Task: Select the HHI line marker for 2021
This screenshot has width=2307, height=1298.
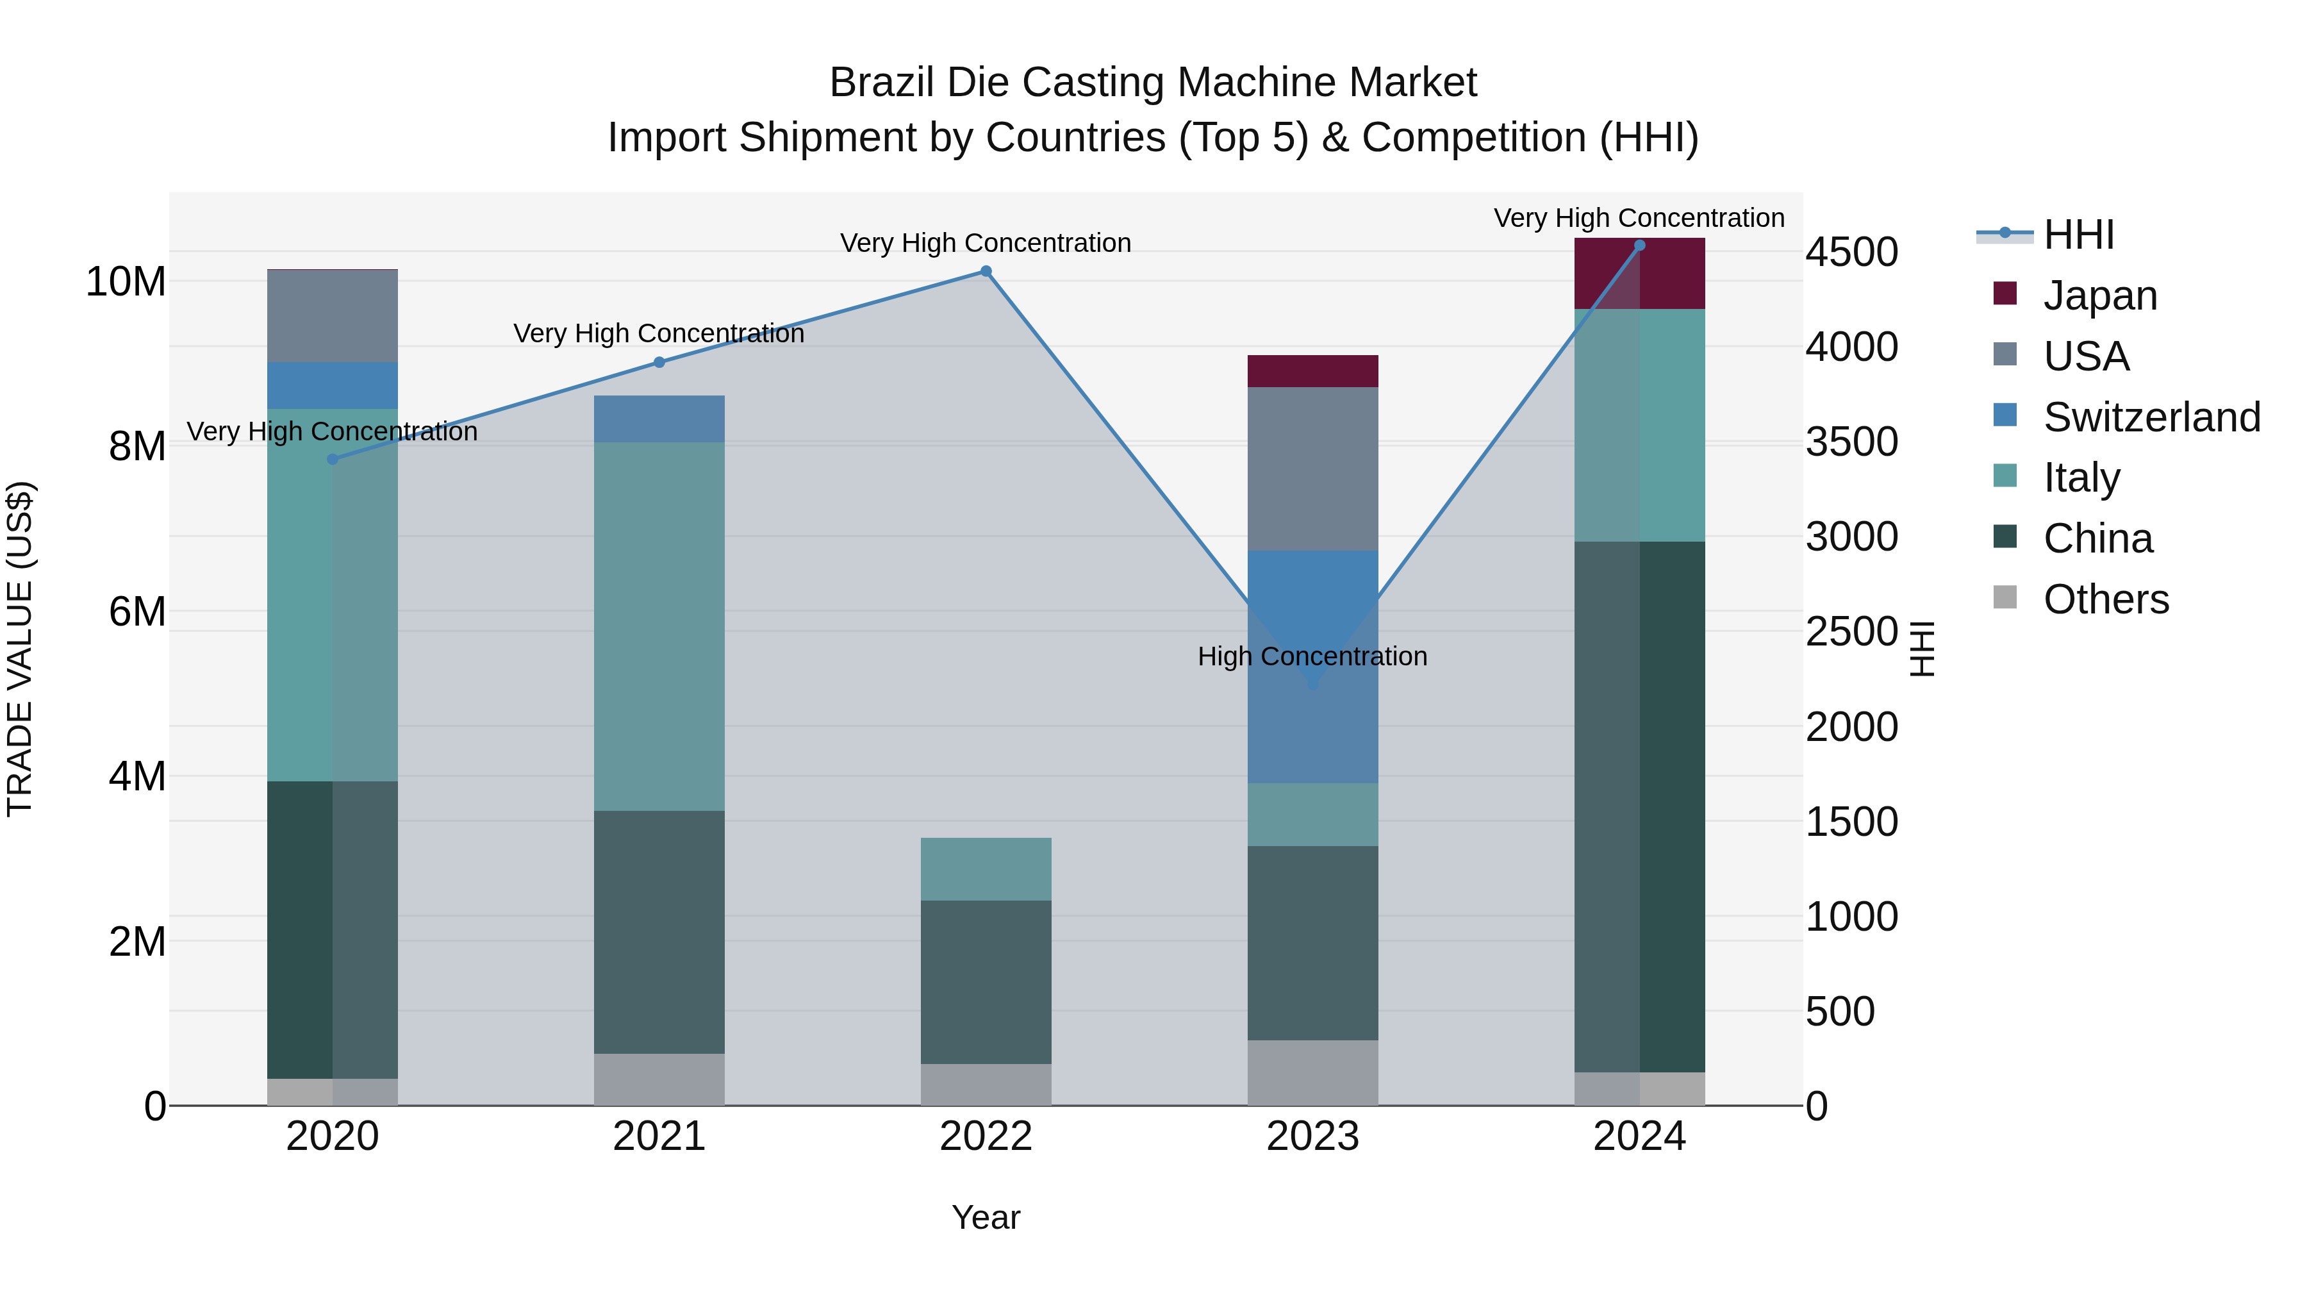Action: (659, 363)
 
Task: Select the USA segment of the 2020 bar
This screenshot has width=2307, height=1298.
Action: (332, 316)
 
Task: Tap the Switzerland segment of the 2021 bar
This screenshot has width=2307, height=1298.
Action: (659, 419)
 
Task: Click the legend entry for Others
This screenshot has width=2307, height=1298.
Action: (2106, 599)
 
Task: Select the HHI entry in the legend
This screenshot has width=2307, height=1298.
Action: (2078, 235)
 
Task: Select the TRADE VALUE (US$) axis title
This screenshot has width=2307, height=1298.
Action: (21, 649)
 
